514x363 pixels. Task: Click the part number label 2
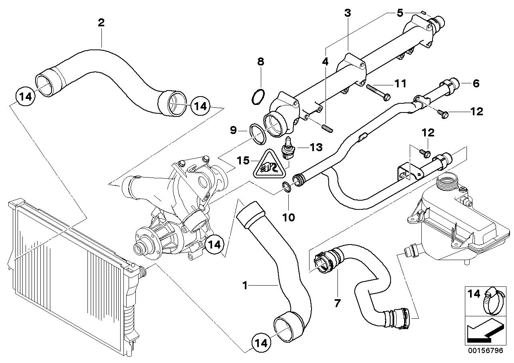click(101, 22)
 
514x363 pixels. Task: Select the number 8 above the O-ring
click(260, 61)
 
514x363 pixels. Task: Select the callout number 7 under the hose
click(337, 303)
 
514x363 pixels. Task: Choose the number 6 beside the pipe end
click(476, 83)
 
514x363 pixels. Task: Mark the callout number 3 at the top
click(347, 13)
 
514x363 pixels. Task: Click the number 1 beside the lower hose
click(245, 285)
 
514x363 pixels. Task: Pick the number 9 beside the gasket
click(233, 130)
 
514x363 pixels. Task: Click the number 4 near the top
click(325, 62)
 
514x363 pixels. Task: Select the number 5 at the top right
click(400, 13)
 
